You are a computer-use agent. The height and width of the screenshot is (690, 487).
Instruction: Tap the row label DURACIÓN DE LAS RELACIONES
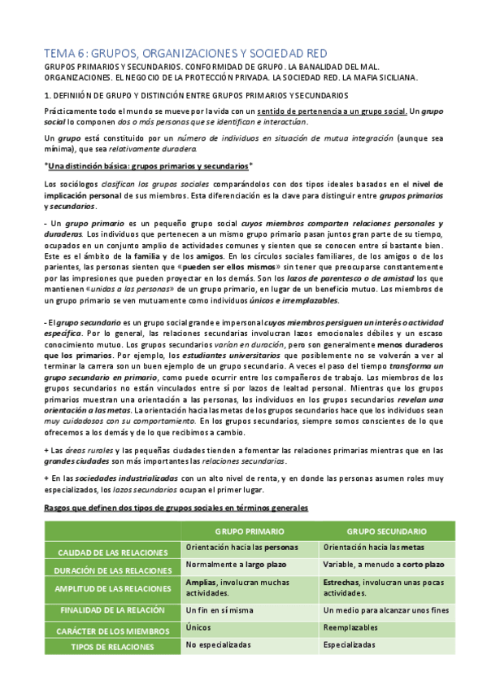pos(113,570)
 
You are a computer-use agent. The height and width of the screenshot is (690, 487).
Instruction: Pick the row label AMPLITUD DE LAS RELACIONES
pos(113,589)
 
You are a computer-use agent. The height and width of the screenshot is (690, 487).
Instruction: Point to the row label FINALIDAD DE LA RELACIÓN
pos(113,609)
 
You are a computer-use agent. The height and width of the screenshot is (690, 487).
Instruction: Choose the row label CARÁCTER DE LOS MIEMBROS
pos(113,628)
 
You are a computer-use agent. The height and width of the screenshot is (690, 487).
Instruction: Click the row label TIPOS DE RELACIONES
pos(113,647)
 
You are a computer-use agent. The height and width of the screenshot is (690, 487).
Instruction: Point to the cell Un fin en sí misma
pos(218,609)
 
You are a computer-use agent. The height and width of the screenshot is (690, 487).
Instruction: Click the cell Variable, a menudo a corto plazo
pos(383,564)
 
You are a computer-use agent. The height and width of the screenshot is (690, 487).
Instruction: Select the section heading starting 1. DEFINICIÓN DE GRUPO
pos(195,95)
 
